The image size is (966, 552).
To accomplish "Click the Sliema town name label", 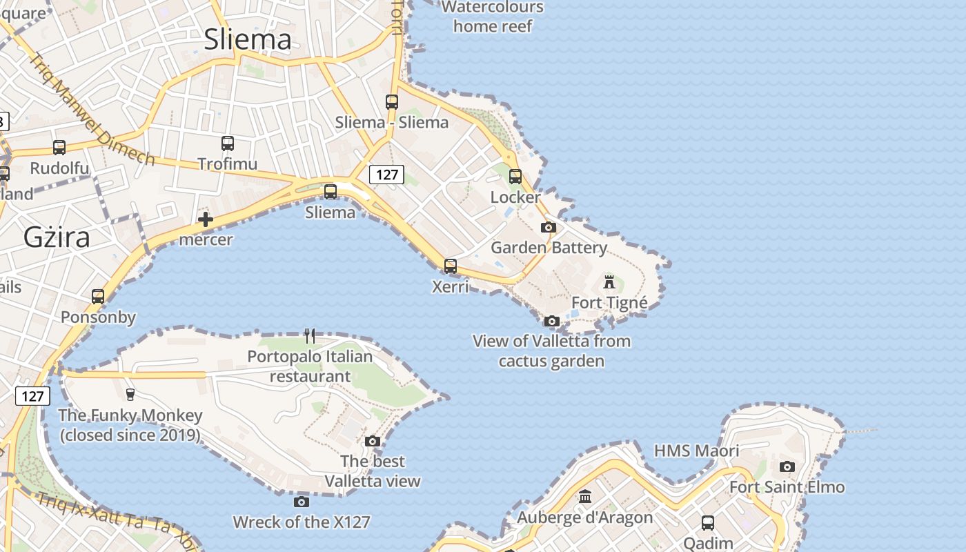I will (248, 39).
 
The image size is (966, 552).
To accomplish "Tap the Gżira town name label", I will (57, 237).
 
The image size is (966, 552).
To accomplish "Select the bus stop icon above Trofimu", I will (228, 144).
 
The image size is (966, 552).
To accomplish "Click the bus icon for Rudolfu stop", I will (59, 148).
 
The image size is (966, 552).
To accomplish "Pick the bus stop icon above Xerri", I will (451, 266).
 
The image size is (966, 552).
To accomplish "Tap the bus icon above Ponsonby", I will (98, 297).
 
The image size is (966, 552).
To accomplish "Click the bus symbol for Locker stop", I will (515, 177).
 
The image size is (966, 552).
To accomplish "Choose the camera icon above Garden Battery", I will (549, 227).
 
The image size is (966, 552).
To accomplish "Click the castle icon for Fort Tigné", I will (609, 282).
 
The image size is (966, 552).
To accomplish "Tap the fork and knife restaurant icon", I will (310, 336).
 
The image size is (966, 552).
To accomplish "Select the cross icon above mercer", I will (206, 219).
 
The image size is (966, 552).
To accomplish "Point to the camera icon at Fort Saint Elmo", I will (787, 466).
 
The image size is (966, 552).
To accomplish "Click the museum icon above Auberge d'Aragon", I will (585, 496).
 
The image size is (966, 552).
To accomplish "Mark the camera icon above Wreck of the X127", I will (302, 502).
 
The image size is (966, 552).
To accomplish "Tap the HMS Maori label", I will (696, 451).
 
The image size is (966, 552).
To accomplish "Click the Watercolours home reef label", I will (493, 17).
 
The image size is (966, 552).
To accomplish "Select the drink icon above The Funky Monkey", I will (130, 394).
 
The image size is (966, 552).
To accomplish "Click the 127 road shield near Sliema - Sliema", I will (386, 175).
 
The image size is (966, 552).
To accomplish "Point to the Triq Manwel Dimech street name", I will (92, 110).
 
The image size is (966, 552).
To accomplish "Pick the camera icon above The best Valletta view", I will (373, 441).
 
